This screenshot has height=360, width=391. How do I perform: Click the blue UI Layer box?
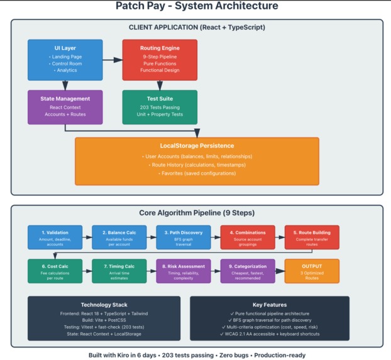[x=65, y=60]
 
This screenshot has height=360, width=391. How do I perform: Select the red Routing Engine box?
[x=160, y=60]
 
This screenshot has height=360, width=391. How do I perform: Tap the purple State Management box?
[x=65, y=107]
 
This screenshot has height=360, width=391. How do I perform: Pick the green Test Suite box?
[x=160, y=107]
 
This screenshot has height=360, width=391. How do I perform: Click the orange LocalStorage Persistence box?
[x=197, y=161]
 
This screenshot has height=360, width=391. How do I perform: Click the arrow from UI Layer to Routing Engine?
[x=113, y=60]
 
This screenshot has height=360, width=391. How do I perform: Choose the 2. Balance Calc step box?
[x=119, y=238]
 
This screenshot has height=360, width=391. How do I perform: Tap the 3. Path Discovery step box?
[x=184, y=238]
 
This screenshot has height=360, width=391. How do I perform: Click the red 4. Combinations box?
[x=248, y=238]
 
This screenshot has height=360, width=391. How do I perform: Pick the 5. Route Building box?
[x=312, y=238]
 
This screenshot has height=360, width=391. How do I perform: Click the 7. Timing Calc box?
[x=119, y=271]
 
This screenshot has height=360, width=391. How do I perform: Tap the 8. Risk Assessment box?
[x=184, y=271]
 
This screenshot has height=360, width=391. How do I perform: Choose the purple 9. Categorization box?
[x=248, y=271]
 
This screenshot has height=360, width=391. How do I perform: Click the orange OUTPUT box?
[x=312, y=271]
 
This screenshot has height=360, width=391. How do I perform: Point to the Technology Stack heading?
[x=104, y=305]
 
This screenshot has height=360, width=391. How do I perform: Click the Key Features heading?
[x=270, y=305]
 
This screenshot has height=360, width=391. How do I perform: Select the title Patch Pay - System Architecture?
[x=197, y=6]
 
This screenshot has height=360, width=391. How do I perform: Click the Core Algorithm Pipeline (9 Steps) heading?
[x=197, y=213]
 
